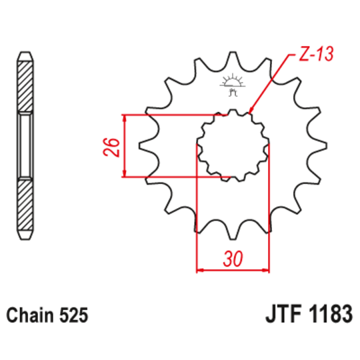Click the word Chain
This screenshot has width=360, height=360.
pos(29,314)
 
